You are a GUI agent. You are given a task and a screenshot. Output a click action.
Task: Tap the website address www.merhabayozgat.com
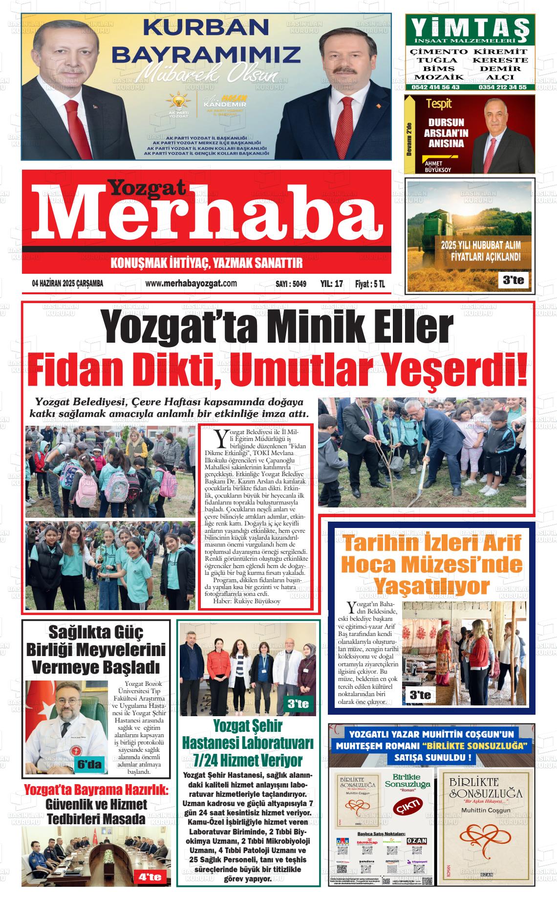click(x=191, y=284)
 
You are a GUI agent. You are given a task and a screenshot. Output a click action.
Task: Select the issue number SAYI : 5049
click(x=291, y=284)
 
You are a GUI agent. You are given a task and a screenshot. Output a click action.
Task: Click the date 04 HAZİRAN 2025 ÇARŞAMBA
click(x=67, y=284)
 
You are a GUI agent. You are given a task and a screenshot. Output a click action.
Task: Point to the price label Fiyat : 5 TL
click(x=370, y=284)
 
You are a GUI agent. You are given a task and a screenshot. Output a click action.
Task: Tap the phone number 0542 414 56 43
click(x=435, y=87)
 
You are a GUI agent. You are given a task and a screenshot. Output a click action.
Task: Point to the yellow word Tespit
click(x=439, y=104)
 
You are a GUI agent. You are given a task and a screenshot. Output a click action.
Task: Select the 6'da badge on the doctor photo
click(x=90, y=765)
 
